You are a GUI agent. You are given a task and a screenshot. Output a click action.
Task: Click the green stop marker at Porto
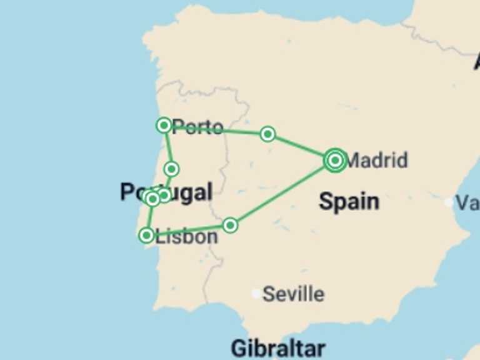pos(164,126)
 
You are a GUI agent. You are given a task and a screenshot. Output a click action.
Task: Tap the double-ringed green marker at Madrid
pos(335,161)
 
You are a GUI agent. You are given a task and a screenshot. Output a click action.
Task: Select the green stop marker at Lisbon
pos(146,235)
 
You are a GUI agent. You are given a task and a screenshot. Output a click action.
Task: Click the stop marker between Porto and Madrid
pos(267,134)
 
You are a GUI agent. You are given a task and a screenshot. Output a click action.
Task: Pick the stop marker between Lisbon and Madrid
pos(231,225)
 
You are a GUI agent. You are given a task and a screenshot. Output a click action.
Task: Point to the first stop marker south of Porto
pos(171,169)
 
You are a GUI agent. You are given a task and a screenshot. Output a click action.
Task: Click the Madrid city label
pos(376,161)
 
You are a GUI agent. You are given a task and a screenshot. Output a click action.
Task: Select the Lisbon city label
pos(187,237)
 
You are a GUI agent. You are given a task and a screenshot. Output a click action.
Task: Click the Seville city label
pos(293,294)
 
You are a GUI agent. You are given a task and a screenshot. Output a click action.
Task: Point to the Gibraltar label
pos(278,347)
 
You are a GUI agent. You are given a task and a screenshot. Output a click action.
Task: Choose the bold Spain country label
pos(349,201)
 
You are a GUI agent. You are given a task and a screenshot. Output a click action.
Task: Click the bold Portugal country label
pos(166,192)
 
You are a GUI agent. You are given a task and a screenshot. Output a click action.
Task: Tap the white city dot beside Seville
pos(256,293)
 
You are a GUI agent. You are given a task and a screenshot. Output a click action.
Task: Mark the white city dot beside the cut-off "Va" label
pos(449,202)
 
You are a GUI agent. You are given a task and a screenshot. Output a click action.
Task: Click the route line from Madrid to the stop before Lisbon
pos(282,193)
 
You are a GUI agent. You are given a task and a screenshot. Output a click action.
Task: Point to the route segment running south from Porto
pos(167,147)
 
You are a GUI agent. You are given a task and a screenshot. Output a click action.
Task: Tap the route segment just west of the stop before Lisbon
pos(187,230)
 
